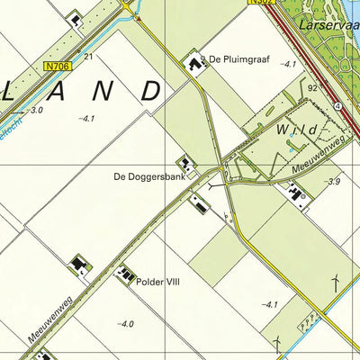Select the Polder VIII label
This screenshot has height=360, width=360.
[158, 282]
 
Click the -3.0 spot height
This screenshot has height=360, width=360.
[35, 110]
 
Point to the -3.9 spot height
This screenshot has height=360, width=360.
[332, 183]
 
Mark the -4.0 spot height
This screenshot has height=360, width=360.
[125, 324]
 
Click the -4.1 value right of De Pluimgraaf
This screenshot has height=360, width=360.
[287, 65]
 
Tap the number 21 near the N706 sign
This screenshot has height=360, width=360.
[88, 57]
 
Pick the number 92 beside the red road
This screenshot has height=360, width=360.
[312, 88]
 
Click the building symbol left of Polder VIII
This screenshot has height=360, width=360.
[124, 272]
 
